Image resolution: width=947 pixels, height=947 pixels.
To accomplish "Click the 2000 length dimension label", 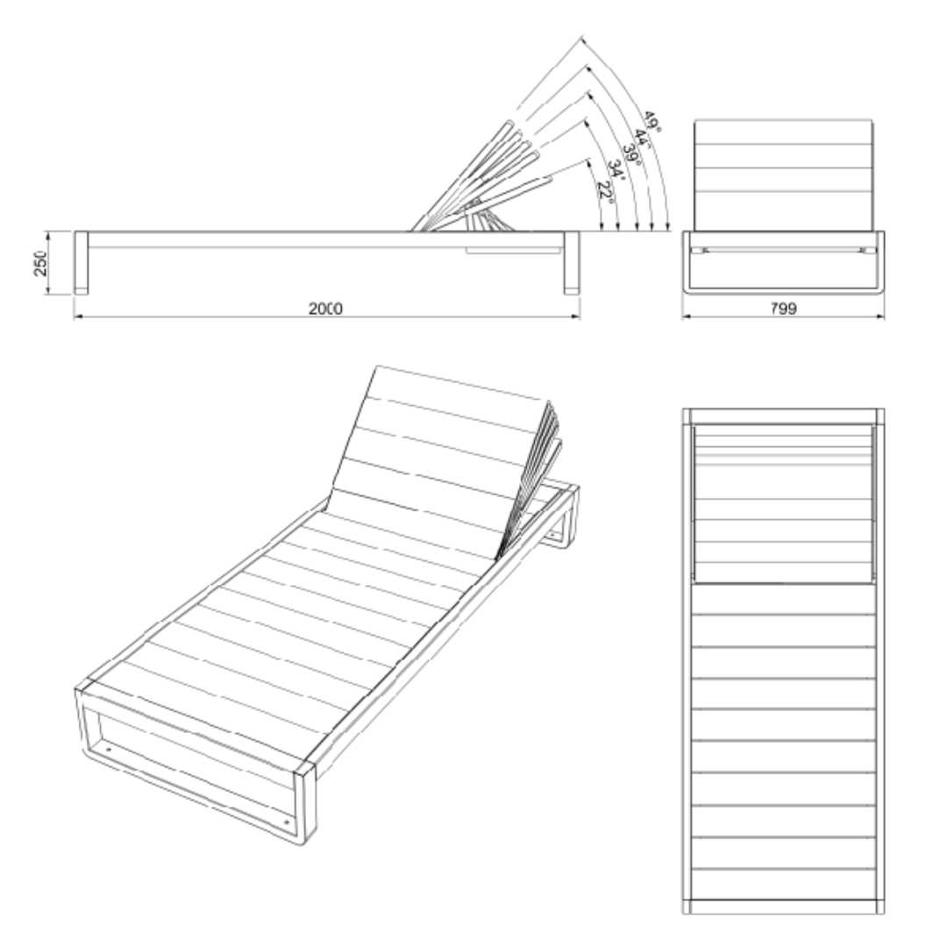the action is [325, 309].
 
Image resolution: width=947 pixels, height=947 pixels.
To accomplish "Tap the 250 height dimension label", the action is [39, 263].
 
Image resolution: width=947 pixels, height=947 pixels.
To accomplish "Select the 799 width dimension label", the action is [783, 309].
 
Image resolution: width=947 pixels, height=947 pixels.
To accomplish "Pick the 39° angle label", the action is [631, 154].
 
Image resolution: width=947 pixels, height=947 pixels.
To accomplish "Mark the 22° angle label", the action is [605, 192].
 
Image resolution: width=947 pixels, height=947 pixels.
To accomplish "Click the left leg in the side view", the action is [81, 263].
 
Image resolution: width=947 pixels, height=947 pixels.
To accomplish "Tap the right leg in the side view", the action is [572, 263].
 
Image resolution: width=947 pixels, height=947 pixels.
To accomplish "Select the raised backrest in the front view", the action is [783, 175].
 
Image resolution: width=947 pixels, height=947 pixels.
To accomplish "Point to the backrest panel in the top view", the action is [784, 503].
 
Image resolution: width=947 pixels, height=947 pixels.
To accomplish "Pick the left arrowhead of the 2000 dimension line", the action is [76, 316].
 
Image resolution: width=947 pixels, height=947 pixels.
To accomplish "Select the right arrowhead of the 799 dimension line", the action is [881, 316].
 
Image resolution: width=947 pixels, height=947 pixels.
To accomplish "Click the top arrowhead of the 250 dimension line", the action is [46, 234].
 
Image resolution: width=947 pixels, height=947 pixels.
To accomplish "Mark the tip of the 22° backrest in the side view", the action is [549, 177].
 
